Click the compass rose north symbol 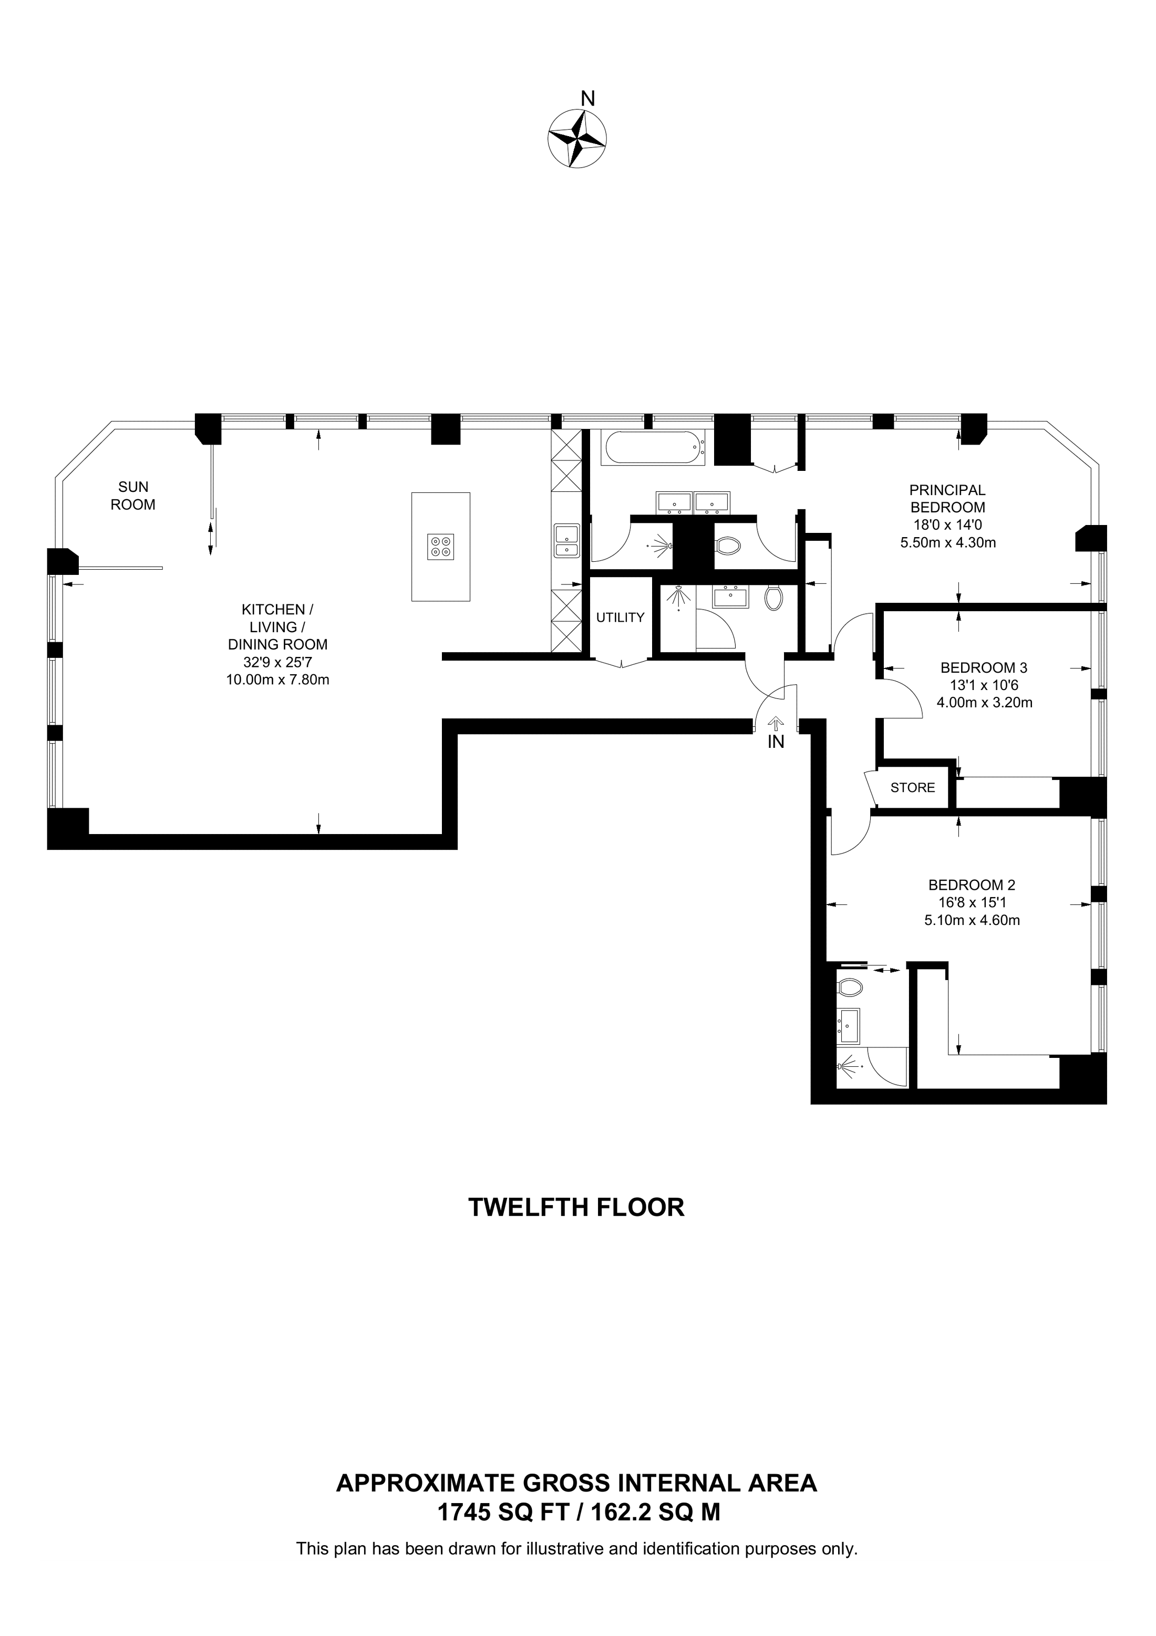577,138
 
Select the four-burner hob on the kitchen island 440,547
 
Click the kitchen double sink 567,541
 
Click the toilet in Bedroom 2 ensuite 850,987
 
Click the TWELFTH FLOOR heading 576,1207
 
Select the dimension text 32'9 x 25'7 277,662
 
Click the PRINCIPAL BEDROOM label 947,499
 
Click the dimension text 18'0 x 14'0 947,525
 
